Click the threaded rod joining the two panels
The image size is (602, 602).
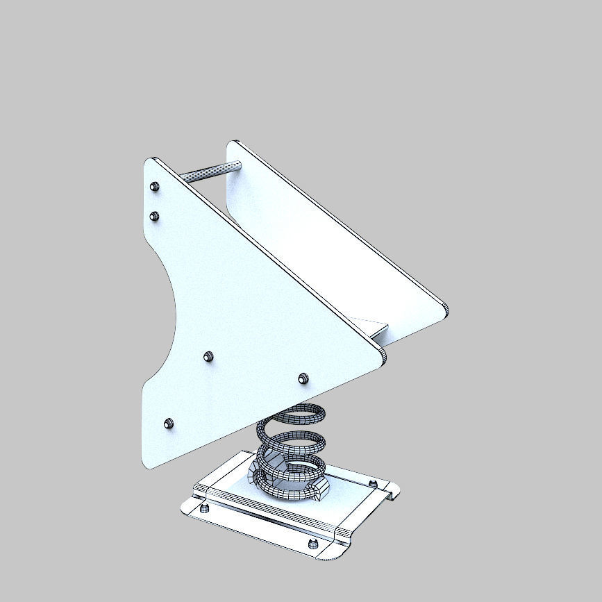(x=208, y=171)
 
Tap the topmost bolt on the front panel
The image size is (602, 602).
(x=154, y=186)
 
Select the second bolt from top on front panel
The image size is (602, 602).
(x=155, y=216)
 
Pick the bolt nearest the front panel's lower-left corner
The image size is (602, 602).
(x=168, y=424)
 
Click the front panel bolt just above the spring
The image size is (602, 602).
(x=303, y=378)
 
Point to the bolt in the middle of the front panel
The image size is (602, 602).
(x=208, y=357)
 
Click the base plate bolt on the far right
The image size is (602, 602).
(x=373, y=483)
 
